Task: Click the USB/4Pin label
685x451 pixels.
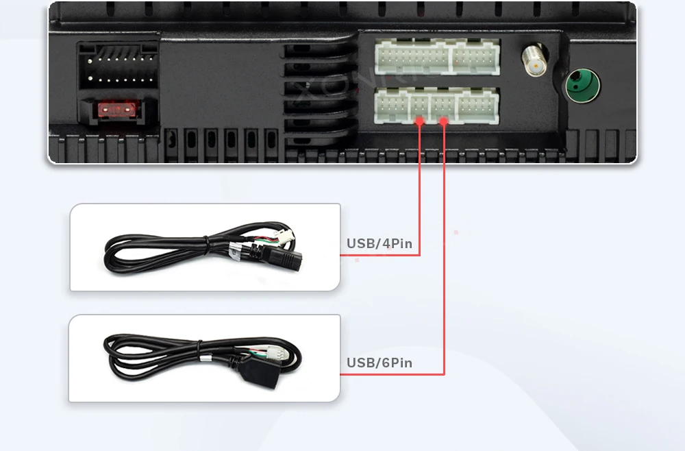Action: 379,243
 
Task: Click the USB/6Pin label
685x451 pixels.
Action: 379,363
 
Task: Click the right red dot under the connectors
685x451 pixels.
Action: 444,121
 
